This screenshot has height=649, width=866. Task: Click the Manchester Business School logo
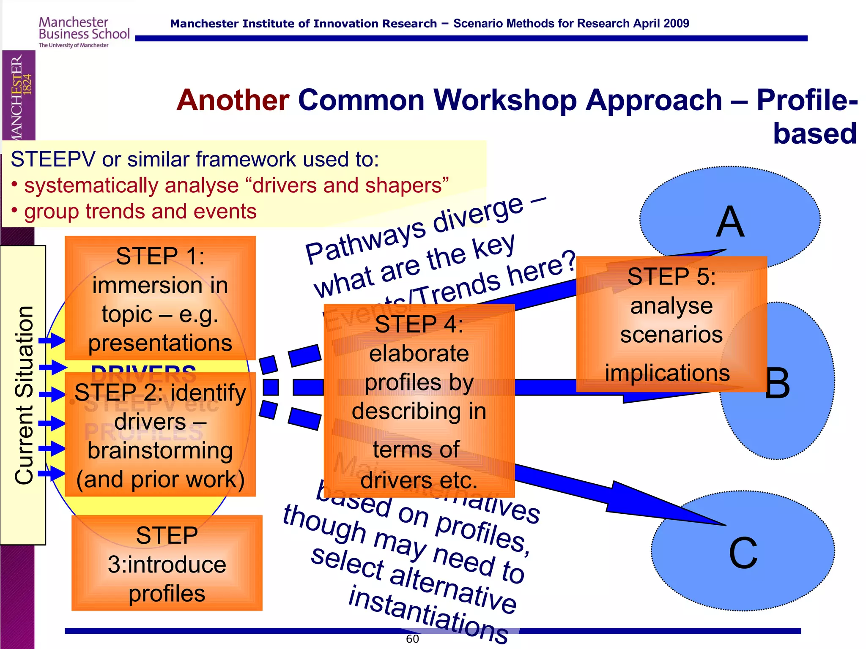(84, 32)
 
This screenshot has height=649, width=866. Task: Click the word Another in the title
(233, 101)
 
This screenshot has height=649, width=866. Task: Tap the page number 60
(412, 639)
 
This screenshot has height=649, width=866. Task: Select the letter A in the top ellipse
(730, 222)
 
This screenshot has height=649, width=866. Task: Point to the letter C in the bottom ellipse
(743, 553)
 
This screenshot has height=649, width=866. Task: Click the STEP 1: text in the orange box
(160, 256)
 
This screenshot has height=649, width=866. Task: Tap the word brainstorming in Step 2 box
(160, 451)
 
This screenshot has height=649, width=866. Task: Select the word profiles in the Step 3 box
(167, 594)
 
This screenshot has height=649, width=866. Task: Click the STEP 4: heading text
(419, 324)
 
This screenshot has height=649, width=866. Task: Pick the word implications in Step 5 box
(667, 373)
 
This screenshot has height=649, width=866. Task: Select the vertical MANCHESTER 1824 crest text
(19, 95)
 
